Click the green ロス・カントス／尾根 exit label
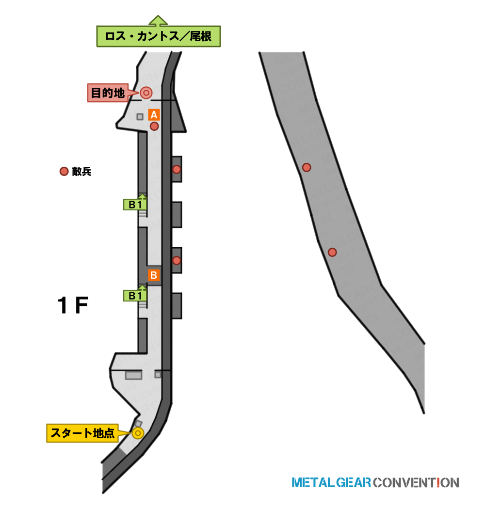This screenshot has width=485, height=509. click(x=158, y=36)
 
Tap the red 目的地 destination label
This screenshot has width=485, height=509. click(x=108, y=93)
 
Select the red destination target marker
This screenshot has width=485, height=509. click(x=146, y=93)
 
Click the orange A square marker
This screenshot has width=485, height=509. click(x=154, y=115)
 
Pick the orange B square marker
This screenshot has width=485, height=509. click(x=154, y=275)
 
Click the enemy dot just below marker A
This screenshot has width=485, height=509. click(x=154, y=126)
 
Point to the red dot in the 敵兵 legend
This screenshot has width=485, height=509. click(x=64, y=171)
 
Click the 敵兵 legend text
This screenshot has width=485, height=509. click(x=81, y=172)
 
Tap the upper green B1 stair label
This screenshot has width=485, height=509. click(x=135, y=205)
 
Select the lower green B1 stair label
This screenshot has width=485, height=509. click(x=135, y=296)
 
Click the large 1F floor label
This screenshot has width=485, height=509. click(x=73, y=305)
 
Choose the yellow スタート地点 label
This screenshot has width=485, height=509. click(x=82, y=433)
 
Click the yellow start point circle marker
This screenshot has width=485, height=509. click(x=138, y=433)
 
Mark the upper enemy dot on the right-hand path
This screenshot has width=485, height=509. click(x=307, y=168)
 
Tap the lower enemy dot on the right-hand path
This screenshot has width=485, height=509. click(x=332, y=252)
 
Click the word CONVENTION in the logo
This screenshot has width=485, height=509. click(x=416, y=483)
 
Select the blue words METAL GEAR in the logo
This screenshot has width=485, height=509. click(x=331, y=483)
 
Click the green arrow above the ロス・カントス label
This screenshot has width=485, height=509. click(x=158, y=20)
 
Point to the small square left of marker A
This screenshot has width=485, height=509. click(x=140, y=116)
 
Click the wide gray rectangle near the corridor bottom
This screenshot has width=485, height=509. click(x=134, y=375)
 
